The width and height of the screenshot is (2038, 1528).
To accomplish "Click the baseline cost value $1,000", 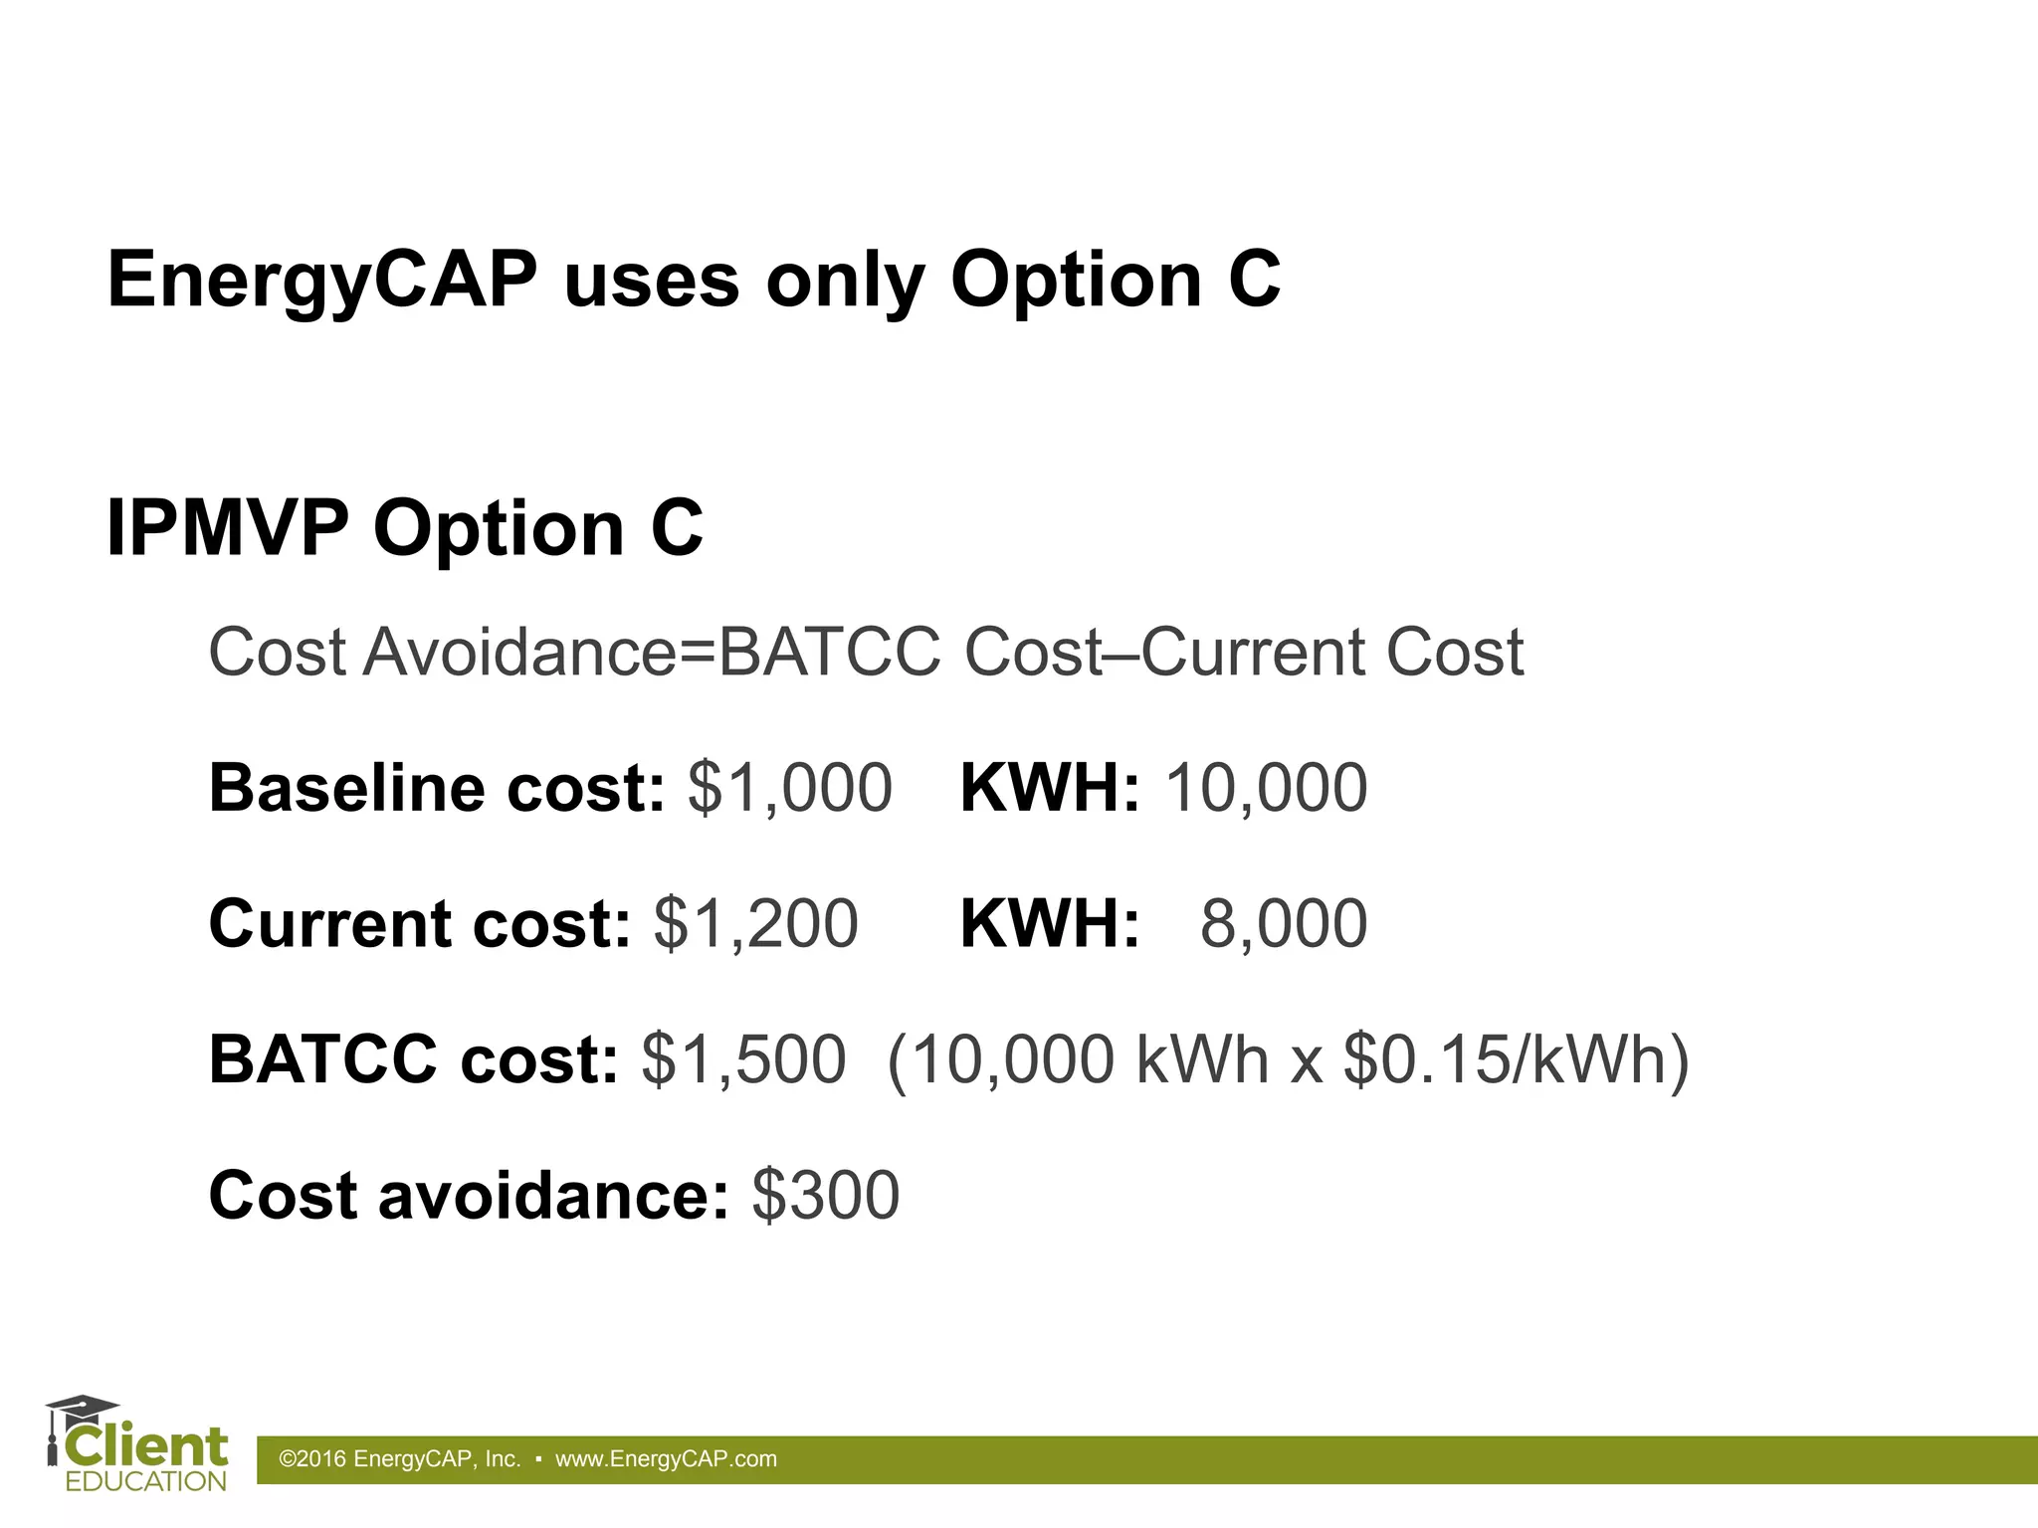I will pyautogui.click(x=789, y=788).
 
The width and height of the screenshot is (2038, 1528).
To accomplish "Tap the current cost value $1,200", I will pyautogui.click(x=755, y=923).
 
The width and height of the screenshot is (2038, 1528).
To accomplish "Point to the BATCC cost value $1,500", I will pyautogui.click(x=743, y=1058).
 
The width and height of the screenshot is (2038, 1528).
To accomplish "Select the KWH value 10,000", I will pyautogui.click(x=1266, y=788).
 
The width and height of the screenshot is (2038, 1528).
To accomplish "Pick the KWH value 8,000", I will pyautogui.click(x=1284, y=923).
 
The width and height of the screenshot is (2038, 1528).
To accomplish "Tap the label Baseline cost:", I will pyautogui.click(x=436, y=788).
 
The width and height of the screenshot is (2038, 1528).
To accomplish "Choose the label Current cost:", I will pyautogui.click(x=419, y=923).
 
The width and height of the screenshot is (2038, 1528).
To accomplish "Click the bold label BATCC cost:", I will pyautogui.click(x=413, y=1058).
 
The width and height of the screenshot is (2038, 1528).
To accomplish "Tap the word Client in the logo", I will pyautogui.click(x=146, y=1447).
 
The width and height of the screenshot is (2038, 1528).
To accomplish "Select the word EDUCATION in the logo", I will pyautogui.click(x=146, y=1481).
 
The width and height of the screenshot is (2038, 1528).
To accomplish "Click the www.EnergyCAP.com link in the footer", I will pyautogui.click(x=666, y=1459).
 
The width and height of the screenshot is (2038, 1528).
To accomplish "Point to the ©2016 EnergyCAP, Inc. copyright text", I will pyautogui.click(x=400, y=1459).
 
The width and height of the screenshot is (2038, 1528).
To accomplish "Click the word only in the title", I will pyautogui.click(x=845, y=281).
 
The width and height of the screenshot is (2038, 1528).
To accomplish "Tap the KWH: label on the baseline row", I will pyautogui.click(x=1050, y=788).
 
